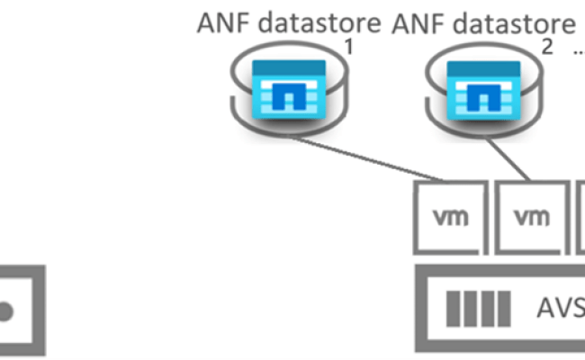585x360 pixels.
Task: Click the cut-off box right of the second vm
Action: point(580,217)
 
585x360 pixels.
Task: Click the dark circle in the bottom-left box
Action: point(5,311)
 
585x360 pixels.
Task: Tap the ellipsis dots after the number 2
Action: point(577,52)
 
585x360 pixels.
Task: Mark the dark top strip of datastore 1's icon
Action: point(288,66)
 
